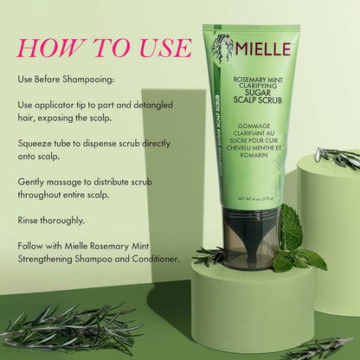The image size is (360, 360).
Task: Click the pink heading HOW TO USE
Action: (x=103, y=47)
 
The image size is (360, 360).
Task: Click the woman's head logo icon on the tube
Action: (x=222, y=47)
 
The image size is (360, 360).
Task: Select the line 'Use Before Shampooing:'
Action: (x=65, y=79)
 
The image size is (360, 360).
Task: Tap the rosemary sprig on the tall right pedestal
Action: (x=337, y=157)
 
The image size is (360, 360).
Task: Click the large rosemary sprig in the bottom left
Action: (x=69, y=329)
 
